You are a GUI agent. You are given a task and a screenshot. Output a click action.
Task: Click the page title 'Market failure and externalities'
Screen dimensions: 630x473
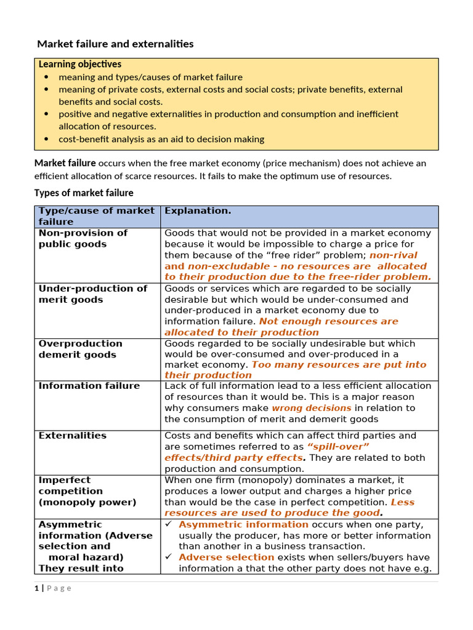[115, 44]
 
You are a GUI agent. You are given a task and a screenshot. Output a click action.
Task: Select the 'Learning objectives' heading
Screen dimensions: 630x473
[80, 64]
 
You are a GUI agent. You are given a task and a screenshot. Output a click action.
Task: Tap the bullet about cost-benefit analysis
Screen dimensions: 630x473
[161, 139]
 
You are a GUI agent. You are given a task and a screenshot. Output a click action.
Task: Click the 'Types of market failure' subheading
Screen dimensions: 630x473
[83, 193]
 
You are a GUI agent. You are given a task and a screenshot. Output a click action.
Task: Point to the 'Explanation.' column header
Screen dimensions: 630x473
[198, 211]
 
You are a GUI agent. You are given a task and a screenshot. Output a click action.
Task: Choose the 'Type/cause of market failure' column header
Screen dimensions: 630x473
[97, 216]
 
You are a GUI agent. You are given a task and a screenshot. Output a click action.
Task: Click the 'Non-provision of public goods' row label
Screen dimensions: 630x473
[83, 239]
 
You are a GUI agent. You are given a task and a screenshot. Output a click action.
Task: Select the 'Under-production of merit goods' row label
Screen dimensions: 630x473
[92, 294]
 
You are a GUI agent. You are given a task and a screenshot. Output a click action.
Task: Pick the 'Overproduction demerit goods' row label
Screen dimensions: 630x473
[80, 349]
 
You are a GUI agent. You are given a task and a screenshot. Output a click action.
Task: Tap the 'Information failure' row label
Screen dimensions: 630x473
[89, 386]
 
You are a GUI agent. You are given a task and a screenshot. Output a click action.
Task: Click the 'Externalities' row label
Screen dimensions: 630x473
[72, 436]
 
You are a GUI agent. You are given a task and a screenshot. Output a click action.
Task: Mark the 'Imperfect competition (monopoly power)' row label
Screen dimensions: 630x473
[87, 491]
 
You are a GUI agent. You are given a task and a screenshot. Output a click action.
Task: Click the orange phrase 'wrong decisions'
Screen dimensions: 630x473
[312, 408]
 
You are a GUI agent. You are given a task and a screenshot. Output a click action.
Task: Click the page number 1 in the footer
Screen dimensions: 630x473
[36, 588]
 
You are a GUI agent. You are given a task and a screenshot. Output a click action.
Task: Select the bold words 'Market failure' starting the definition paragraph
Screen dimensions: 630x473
[65, 163]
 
